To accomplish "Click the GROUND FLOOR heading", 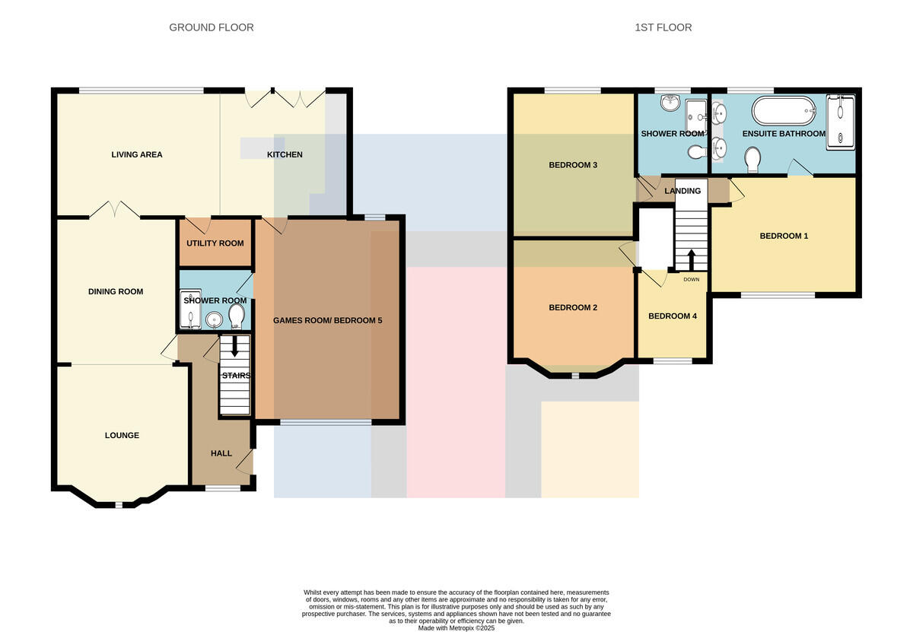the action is (x=212, y=27).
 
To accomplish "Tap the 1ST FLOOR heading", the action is (x=663, y=27).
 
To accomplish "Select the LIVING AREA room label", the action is (x=136, y=154).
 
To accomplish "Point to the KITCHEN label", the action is (x=285, y=154).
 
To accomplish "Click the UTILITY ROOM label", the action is (x=215, y=243).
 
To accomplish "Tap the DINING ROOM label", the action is (x=116, y=291).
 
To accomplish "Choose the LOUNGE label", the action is (x=122, y=435).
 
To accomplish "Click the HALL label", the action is (x=221, y=453).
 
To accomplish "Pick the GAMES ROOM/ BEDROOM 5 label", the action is (x=327, y=320).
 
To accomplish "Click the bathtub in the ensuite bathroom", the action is (x=784, y=110).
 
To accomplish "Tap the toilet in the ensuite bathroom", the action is (x=752, y=159).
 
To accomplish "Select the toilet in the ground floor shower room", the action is (x=237, y=316).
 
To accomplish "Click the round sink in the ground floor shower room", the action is (x=214, y=320).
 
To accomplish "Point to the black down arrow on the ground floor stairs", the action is (x=235, y=346).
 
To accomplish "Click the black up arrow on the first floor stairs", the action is (x=692, y=260).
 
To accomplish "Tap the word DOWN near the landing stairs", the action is (x=692, y=280).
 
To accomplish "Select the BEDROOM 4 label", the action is (x=672, y=316).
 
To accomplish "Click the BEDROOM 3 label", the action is (x=573, y=165).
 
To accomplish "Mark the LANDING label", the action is (x=682, y=191).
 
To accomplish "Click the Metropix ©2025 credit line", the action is (x=456, y=628).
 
